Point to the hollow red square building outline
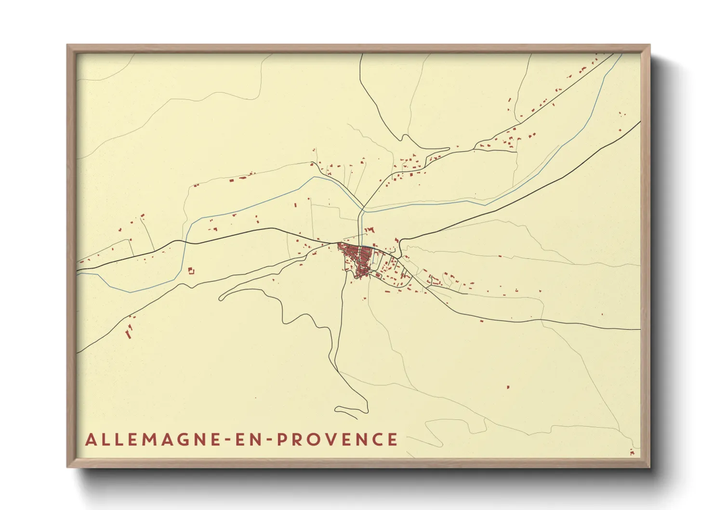point(191,271)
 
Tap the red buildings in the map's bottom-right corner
point(632,452)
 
